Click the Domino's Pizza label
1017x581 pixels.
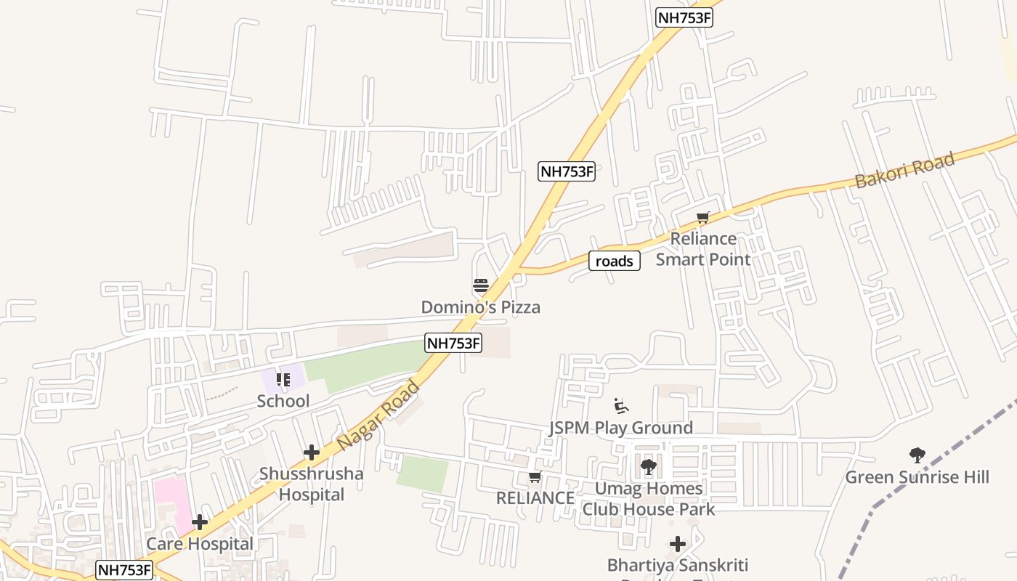tap(481, 307)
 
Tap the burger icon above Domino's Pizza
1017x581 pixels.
tap(480, 285)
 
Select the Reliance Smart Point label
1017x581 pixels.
tap(703, 248)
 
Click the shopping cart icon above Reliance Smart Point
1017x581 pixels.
tap(702, 218)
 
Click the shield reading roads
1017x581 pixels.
tap(615, 261)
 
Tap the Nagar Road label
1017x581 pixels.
tap(378, 414)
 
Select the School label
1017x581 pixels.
tap(283, 401)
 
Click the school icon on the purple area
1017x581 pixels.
tap(283, 379)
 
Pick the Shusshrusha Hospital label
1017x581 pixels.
tap(312, 484)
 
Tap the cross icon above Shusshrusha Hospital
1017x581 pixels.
tap(312, 453)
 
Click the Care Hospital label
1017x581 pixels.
tap(200, 544)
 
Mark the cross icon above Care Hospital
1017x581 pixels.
tap(200, 522)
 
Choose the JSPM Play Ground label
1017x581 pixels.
tap(620, 428)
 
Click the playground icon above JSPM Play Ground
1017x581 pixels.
tap(620, 405)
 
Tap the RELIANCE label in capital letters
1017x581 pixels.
tap(535, 498)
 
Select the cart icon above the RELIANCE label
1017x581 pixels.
tap(535, 477)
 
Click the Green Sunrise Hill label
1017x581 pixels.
tap(917, 477)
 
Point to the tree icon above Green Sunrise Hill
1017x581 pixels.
tap(917, 455)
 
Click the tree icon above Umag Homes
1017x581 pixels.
tap(648, 467)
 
